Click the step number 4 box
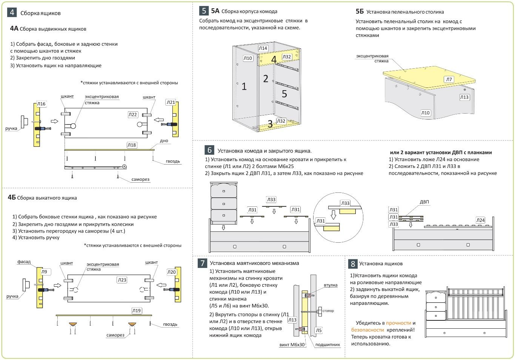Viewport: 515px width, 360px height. (12, 12)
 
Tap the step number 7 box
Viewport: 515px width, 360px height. (203, 263)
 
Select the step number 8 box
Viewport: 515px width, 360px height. (353, 263)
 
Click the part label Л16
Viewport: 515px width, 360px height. (41, 104)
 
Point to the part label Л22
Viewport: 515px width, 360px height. (133, 114)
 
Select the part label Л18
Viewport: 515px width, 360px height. (132, 145)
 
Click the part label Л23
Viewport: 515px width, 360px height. (122, 280)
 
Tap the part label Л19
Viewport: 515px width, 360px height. (136, 311)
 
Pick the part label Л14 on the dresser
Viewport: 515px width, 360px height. (263, 48)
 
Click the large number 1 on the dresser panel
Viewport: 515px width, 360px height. (244, 86)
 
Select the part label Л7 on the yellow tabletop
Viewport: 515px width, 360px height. (449, 79)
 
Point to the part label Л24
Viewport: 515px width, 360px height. (480, 220)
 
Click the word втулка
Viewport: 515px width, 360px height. (331, 285)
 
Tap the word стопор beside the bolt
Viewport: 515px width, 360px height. (328, 311)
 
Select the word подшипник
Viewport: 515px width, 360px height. (327, 345)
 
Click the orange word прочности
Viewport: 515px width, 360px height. (398, 323)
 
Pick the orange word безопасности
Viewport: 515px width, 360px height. (367, 330)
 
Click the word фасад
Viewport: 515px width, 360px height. (24, 262)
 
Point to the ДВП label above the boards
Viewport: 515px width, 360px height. (424, 202)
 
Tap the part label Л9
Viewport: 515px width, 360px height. (45, 272)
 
